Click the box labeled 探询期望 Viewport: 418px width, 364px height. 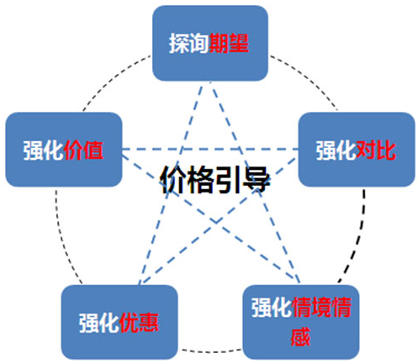click(x=210, y=43)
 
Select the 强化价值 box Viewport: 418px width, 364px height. click(x=64, y=150)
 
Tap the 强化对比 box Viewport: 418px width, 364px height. click(x=357, y=150)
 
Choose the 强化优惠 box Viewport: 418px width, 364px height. click(x=119, y=322)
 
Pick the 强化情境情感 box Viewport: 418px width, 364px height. click(x=301, y=322)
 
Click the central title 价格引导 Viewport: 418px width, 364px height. click(x=215, y=179)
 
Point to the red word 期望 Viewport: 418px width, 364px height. click(x=229, y=43)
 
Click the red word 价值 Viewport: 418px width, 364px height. click(x=83, y=150)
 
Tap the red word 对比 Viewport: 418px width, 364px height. click(x=376, y=150)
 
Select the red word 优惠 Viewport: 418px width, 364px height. click(x=139, y=323)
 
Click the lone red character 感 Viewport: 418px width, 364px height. click(x=301, y=336)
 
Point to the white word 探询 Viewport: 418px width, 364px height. click(x=189, y=43)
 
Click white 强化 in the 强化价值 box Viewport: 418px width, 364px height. click(x=44, y=150)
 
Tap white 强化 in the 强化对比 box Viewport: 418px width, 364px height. click(x=336, y=150)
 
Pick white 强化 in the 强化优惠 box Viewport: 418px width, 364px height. click(x=99, y=323)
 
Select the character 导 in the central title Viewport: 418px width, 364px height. click(x=257, y=179)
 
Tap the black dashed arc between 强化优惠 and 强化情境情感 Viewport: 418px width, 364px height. click(x=211, y=351)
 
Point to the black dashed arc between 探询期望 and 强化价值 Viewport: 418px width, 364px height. click(x=112, y=78)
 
